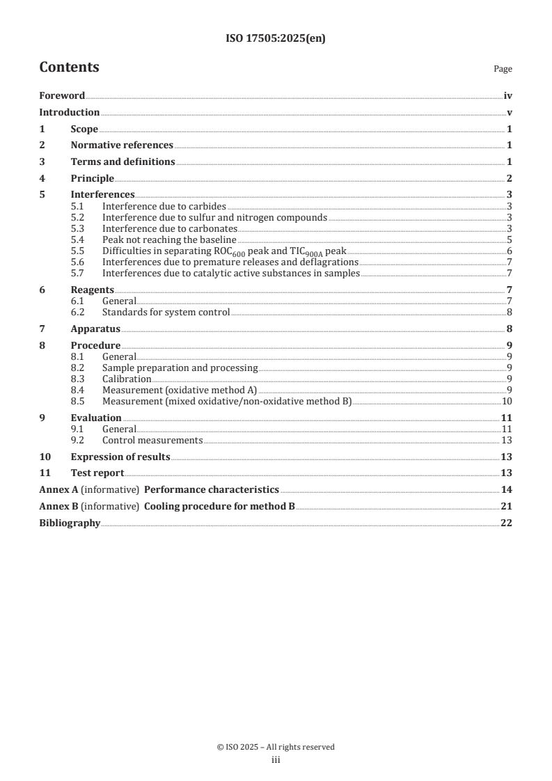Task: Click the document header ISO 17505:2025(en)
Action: (276, 39)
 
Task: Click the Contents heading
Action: (69, 68)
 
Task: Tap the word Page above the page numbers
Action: (503, 69)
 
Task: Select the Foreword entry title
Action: (62, 96)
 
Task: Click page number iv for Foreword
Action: (508, 96)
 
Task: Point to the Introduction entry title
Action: (69, 112)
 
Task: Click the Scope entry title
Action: (84, 129)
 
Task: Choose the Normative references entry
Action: (122, 145)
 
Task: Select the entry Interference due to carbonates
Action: (170, 228)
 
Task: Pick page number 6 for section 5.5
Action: (510, 251)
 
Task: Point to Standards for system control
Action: (166, 312)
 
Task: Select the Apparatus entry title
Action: (95, 329)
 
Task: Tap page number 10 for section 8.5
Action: (507, 401)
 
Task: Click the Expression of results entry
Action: (120, 457)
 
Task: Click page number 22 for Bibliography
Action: (507, 523)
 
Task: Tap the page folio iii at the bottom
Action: (276, 760)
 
